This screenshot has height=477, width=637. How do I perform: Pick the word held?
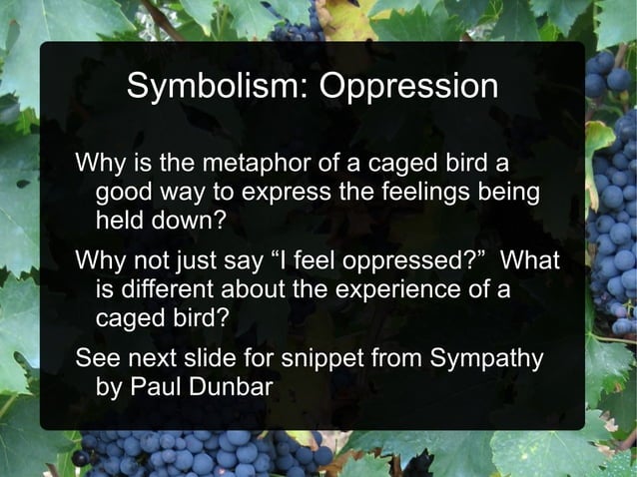[118, 219]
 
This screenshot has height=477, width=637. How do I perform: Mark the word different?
[170, 290]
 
